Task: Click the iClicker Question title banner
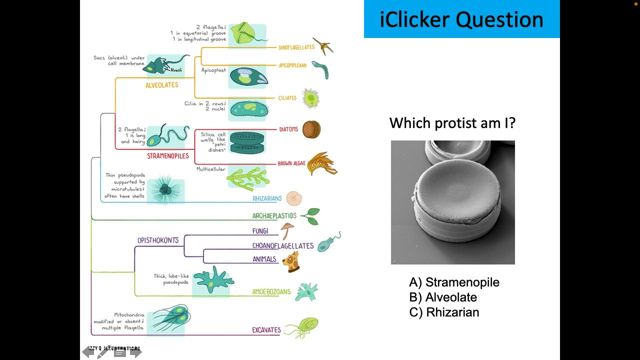click(x=461, y=19)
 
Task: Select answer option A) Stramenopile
click(x=454, y=282)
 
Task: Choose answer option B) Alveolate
click(x=443, y=297)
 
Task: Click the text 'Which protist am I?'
click(x=452, y=123)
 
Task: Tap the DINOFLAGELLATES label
click(x=296, y=47)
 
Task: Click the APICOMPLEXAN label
click(x=292, y=65)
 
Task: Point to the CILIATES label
click(x=287, y=98)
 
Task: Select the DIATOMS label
click(x=288, y=129)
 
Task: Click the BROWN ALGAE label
click(x=291, y=163)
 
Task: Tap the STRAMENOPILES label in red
click(x=168, y=156)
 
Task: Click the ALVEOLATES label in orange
click(x=162, y=85)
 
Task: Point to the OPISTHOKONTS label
click(x=158, y=240)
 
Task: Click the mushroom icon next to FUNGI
click(x=287, y=230)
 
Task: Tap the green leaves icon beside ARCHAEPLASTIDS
click(x=310, y=216)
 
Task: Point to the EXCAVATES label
click(x=266, y=330)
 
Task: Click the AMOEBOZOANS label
click(x=271, y=292)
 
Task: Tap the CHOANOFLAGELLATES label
click(x=283, y=245)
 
